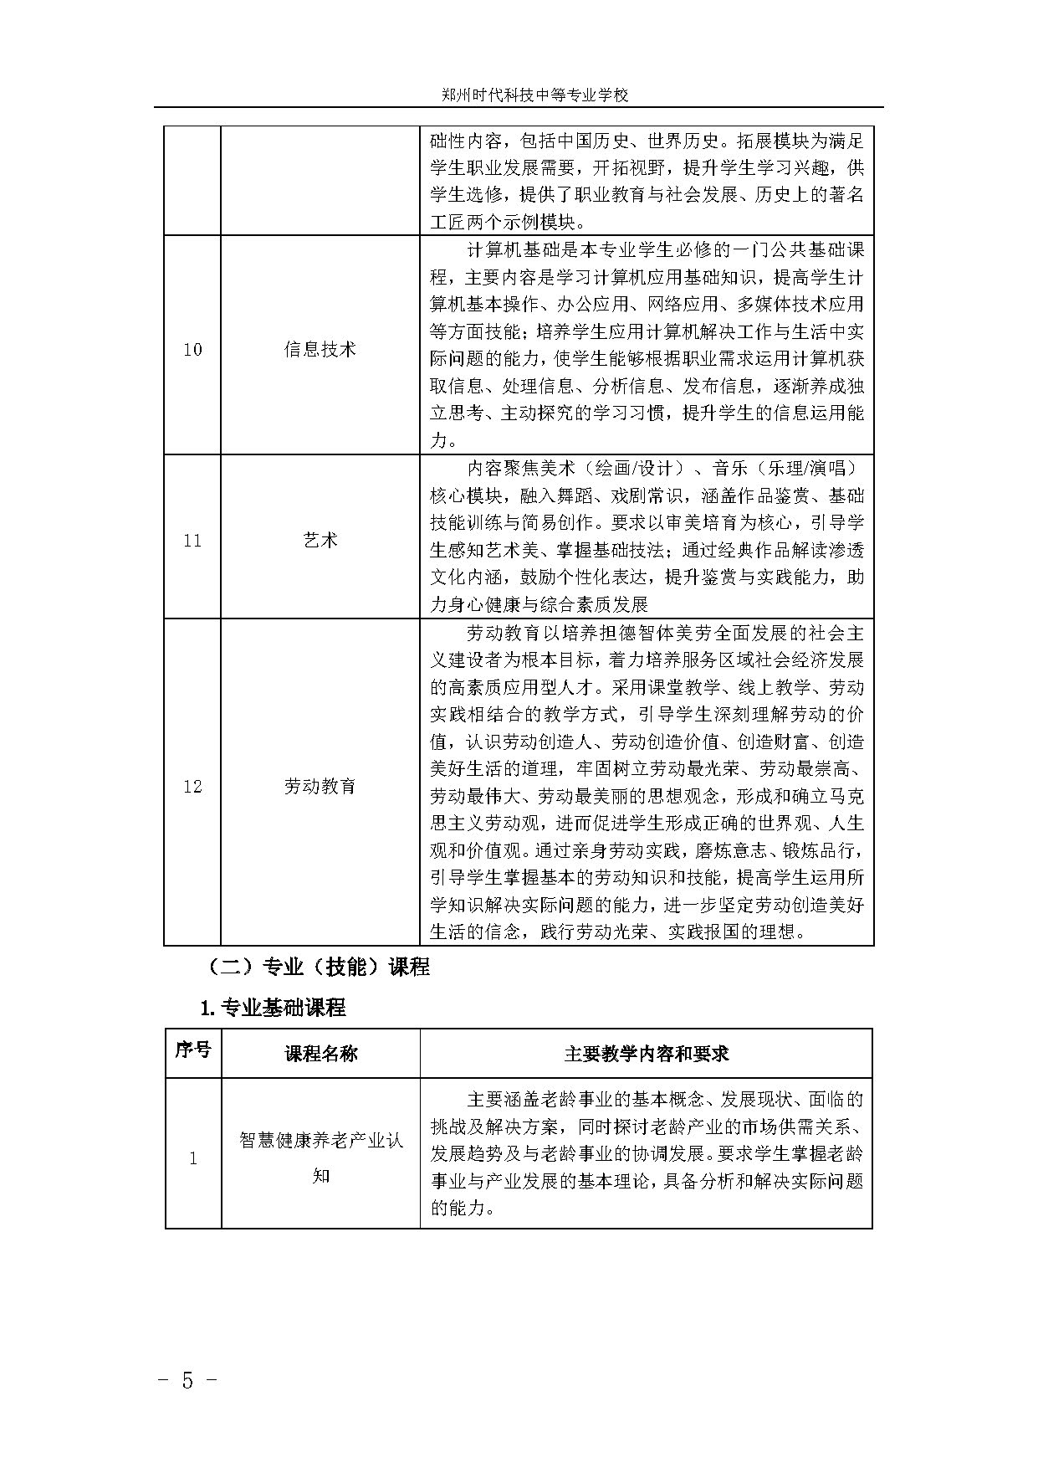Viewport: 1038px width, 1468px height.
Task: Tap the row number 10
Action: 192,349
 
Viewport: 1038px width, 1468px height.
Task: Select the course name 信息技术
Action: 320,349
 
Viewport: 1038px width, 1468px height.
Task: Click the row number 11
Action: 192,541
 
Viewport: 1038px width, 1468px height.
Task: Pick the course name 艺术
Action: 320,541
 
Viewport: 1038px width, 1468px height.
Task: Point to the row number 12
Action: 192,787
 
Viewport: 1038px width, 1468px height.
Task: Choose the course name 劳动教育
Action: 320,787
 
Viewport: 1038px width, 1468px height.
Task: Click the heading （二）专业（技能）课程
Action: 318,968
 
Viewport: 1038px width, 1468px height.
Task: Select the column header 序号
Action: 192,1051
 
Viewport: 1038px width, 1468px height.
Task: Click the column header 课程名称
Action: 320,1053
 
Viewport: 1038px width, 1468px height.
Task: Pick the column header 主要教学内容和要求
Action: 646,1053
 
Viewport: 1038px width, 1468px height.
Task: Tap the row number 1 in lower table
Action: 193,1159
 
